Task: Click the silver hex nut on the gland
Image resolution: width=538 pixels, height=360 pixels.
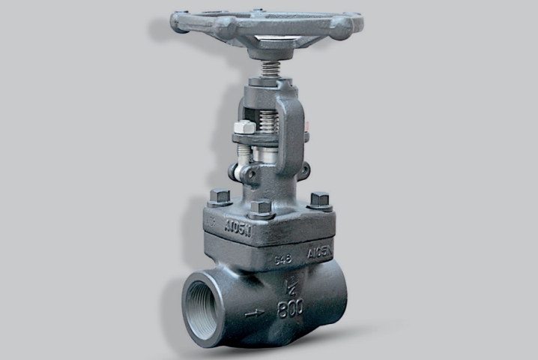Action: click(244, 128)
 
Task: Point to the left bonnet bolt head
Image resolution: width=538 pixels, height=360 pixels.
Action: click(219, 197)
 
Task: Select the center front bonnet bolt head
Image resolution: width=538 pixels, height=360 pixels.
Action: click(261, 208)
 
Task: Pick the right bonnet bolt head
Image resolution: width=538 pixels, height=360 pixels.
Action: click(319, 200)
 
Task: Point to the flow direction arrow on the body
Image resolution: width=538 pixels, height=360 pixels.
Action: click(254, 313)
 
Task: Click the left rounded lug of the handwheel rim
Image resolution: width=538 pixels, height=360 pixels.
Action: click(181, 22)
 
